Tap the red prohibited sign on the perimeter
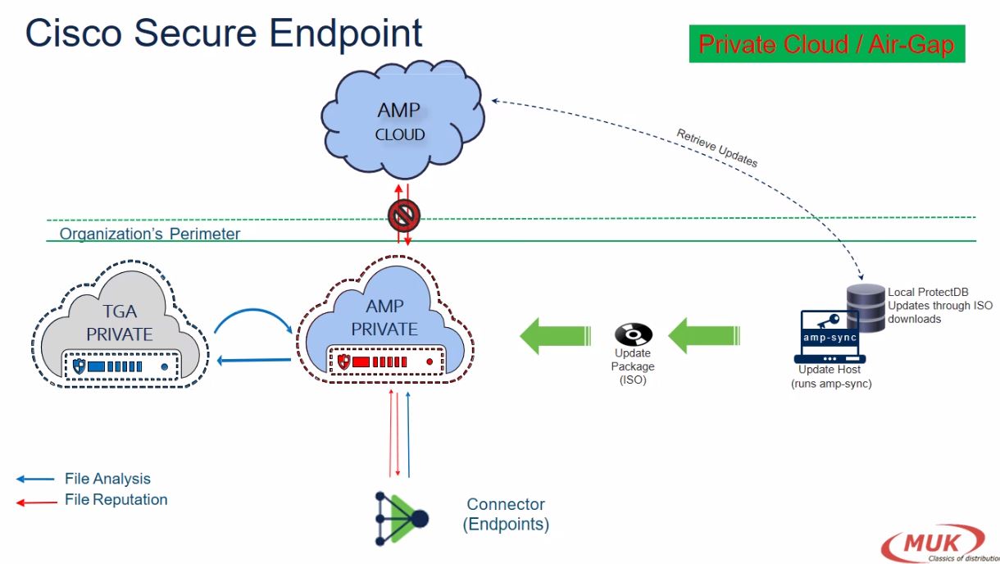[x=403, y=215]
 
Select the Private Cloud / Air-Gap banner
[x=826, y=43]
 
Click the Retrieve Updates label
[x=716, y=148]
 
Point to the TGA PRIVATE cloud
[x=120, y=325]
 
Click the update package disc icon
[x=633, y=334]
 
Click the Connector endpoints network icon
[x=402, y=517]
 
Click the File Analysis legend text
[x=107, y=479]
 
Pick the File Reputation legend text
[x=116, y=499]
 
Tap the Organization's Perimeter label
[x=150, y=234]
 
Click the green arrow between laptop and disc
[x=698, y=334]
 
